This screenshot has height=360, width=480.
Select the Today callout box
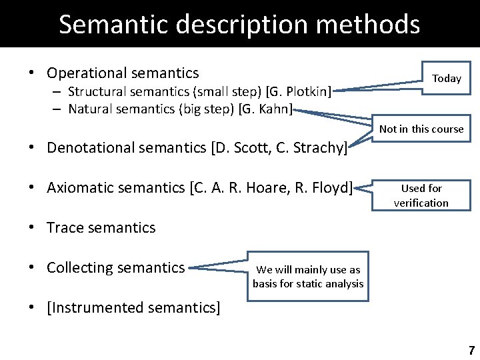click(x=446, y=78)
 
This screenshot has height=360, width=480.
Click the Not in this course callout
click(x=421, y=129)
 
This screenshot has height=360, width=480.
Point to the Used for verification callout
click(x=421, y=195)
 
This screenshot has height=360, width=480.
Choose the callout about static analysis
click(x=307, y=277)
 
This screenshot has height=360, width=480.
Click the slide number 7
click(x=471, y=350)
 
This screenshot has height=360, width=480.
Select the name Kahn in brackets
click(x=273, y=109)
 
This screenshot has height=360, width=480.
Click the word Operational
click(x=86, y=73)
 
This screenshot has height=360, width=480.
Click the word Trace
click(x=64, y=227)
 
